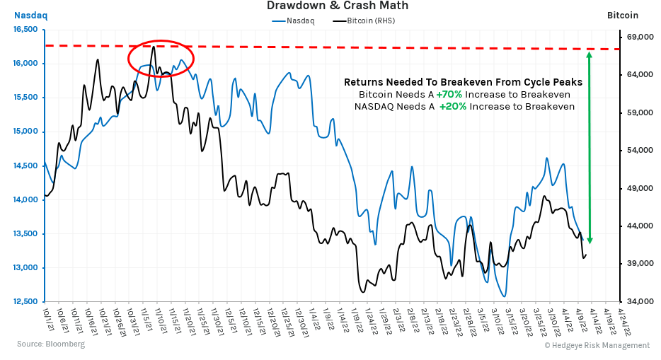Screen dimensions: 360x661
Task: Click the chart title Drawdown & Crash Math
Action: click(x=337, y=6)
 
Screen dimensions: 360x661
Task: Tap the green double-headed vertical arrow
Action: click(x=590, y=147)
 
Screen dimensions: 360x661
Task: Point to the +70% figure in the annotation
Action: click(x=449, y=95)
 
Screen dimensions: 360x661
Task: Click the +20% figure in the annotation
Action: click(x=453, y=107)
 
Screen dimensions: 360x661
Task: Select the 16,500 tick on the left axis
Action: click(x=25, y=30)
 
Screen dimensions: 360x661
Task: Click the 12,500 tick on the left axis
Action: click(x=25, y=302)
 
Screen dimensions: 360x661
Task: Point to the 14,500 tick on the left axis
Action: click(x=25, y=166)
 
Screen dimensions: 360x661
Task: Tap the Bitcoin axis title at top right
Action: click(x=623, y=15)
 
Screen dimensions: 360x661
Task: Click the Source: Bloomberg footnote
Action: click(x=51, y=344)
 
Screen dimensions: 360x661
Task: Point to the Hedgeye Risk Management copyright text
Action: click(x=597, y=345)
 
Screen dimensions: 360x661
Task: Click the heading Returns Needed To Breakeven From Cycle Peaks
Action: click(x=463, y=82)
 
